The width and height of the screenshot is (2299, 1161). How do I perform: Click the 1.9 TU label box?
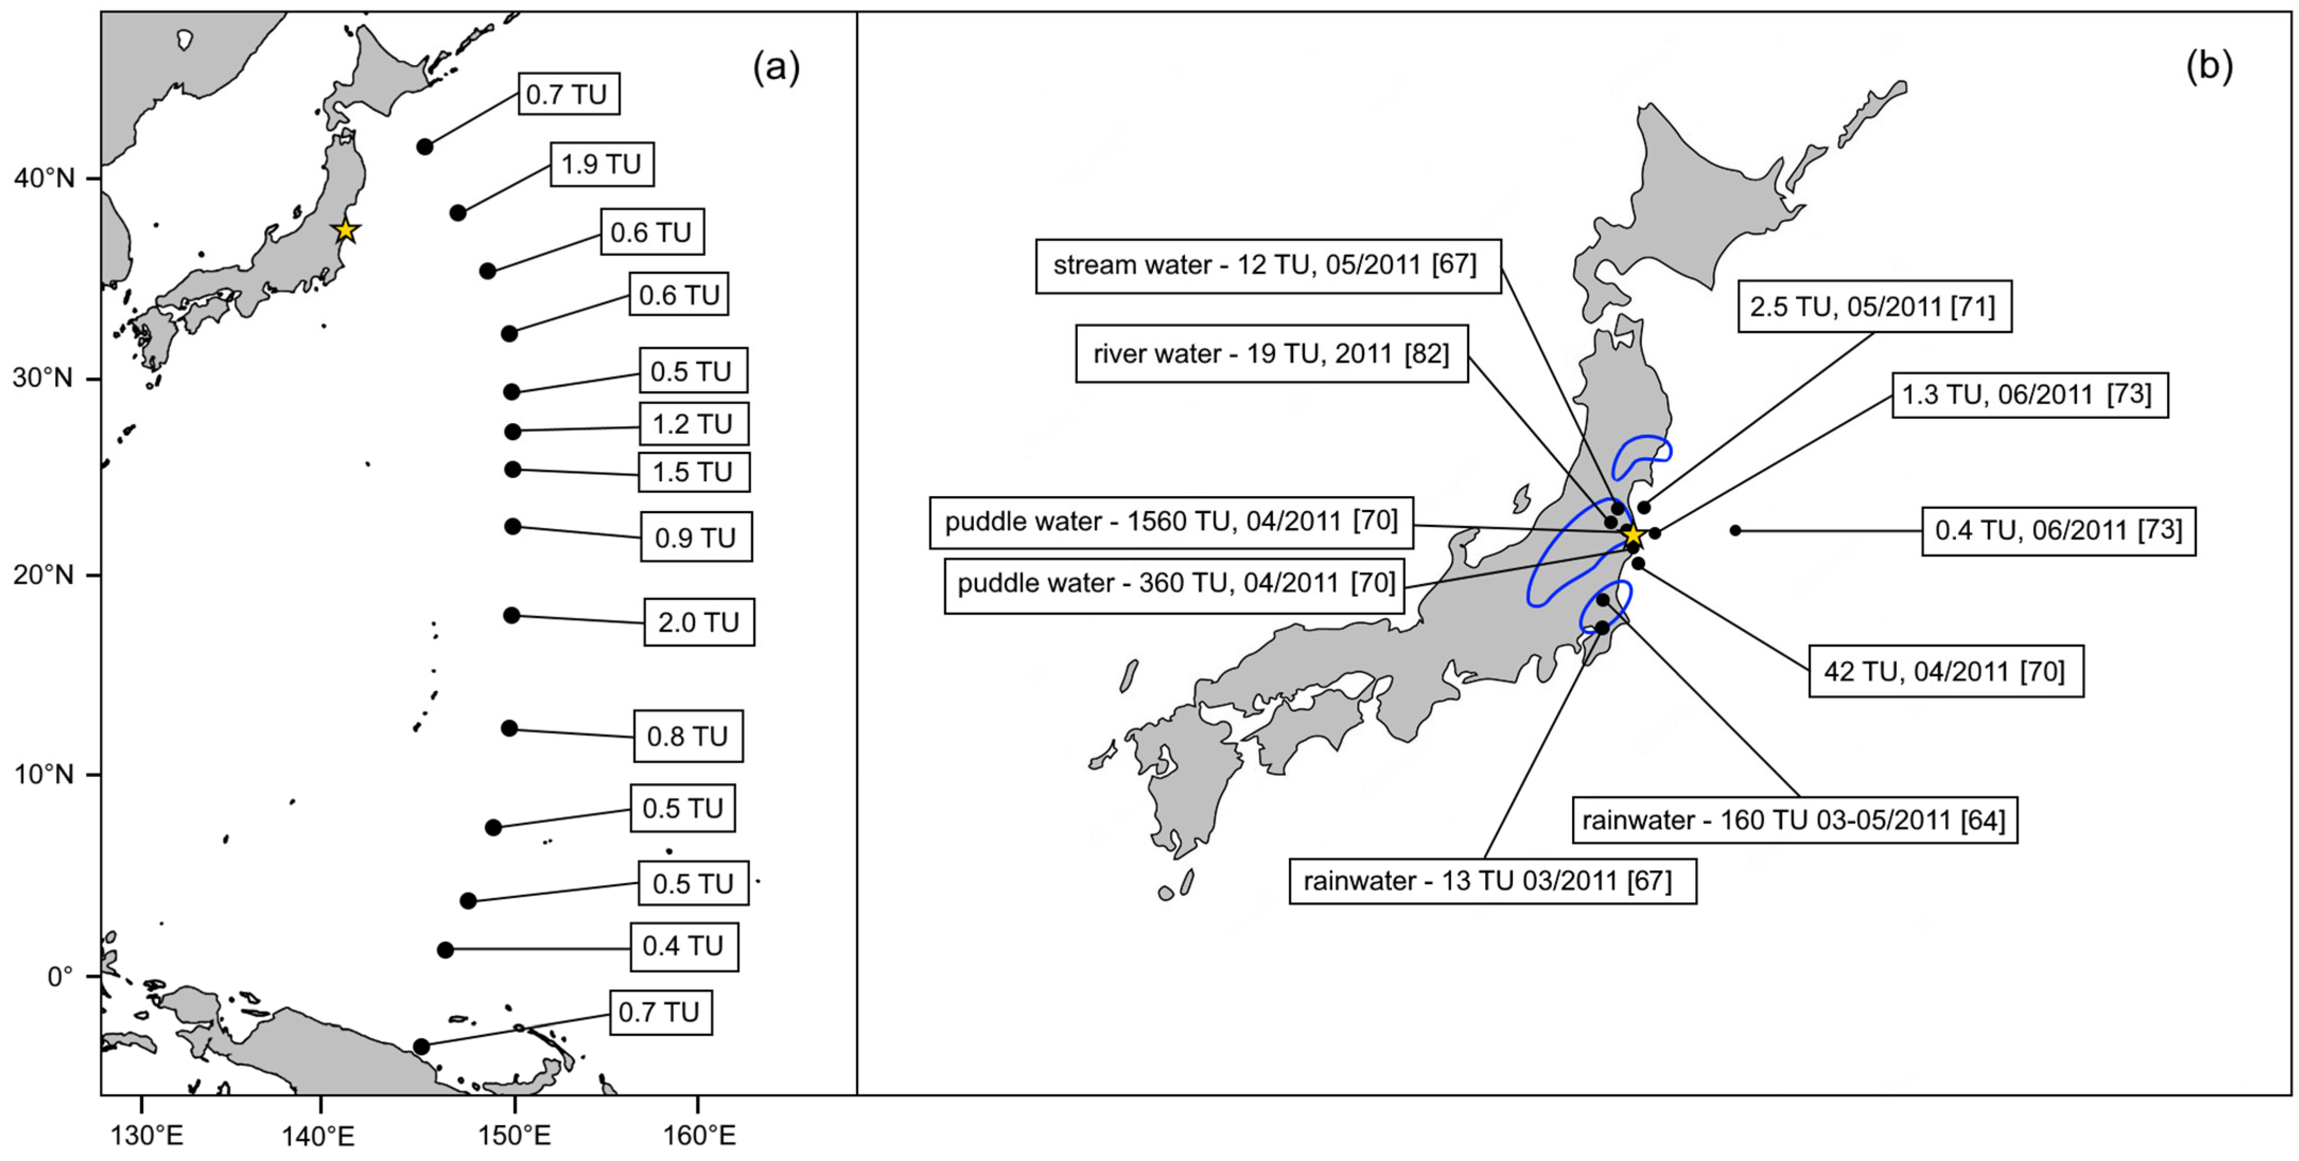[601, 164]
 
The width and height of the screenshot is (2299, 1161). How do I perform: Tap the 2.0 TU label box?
[699, 622]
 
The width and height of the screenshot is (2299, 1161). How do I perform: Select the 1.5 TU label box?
[694, 472]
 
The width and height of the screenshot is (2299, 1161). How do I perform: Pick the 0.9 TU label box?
[696, 537]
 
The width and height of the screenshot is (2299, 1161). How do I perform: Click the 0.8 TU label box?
[688, 736]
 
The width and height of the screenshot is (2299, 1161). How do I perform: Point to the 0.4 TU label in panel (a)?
[683, 946]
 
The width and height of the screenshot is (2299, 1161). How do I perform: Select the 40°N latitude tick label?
[43, 179]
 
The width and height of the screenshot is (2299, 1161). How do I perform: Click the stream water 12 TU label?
[1267, 265]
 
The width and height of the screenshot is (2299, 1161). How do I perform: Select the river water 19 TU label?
[1271, 354]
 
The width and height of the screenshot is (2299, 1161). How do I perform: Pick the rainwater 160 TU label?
[1794, 820]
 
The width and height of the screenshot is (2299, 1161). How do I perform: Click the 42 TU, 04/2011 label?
[1945, 671]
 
